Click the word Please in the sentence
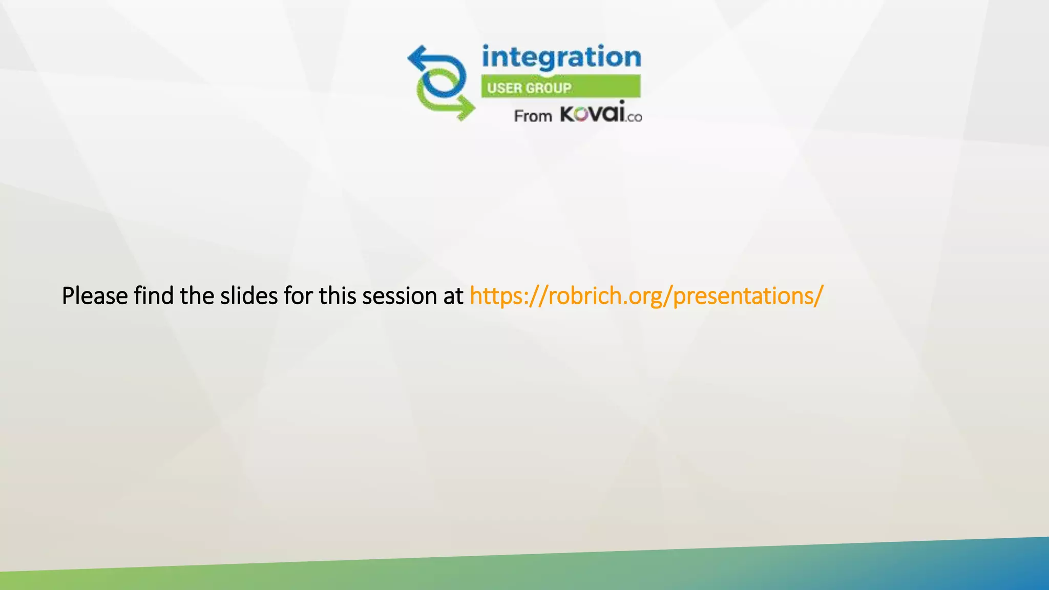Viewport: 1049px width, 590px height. (x=94, y=296)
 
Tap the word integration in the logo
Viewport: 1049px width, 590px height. (x=561, y=57)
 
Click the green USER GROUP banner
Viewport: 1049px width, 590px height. (x=560, y=87)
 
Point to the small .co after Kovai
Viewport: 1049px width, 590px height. (x=634, y=117)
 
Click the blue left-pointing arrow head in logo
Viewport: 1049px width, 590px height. (x=416, y=58)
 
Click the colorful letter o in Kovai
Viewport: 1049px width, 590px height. (x=581, y=115)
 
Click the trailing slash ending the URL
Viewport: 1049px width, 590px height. (x=820, y=296)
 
